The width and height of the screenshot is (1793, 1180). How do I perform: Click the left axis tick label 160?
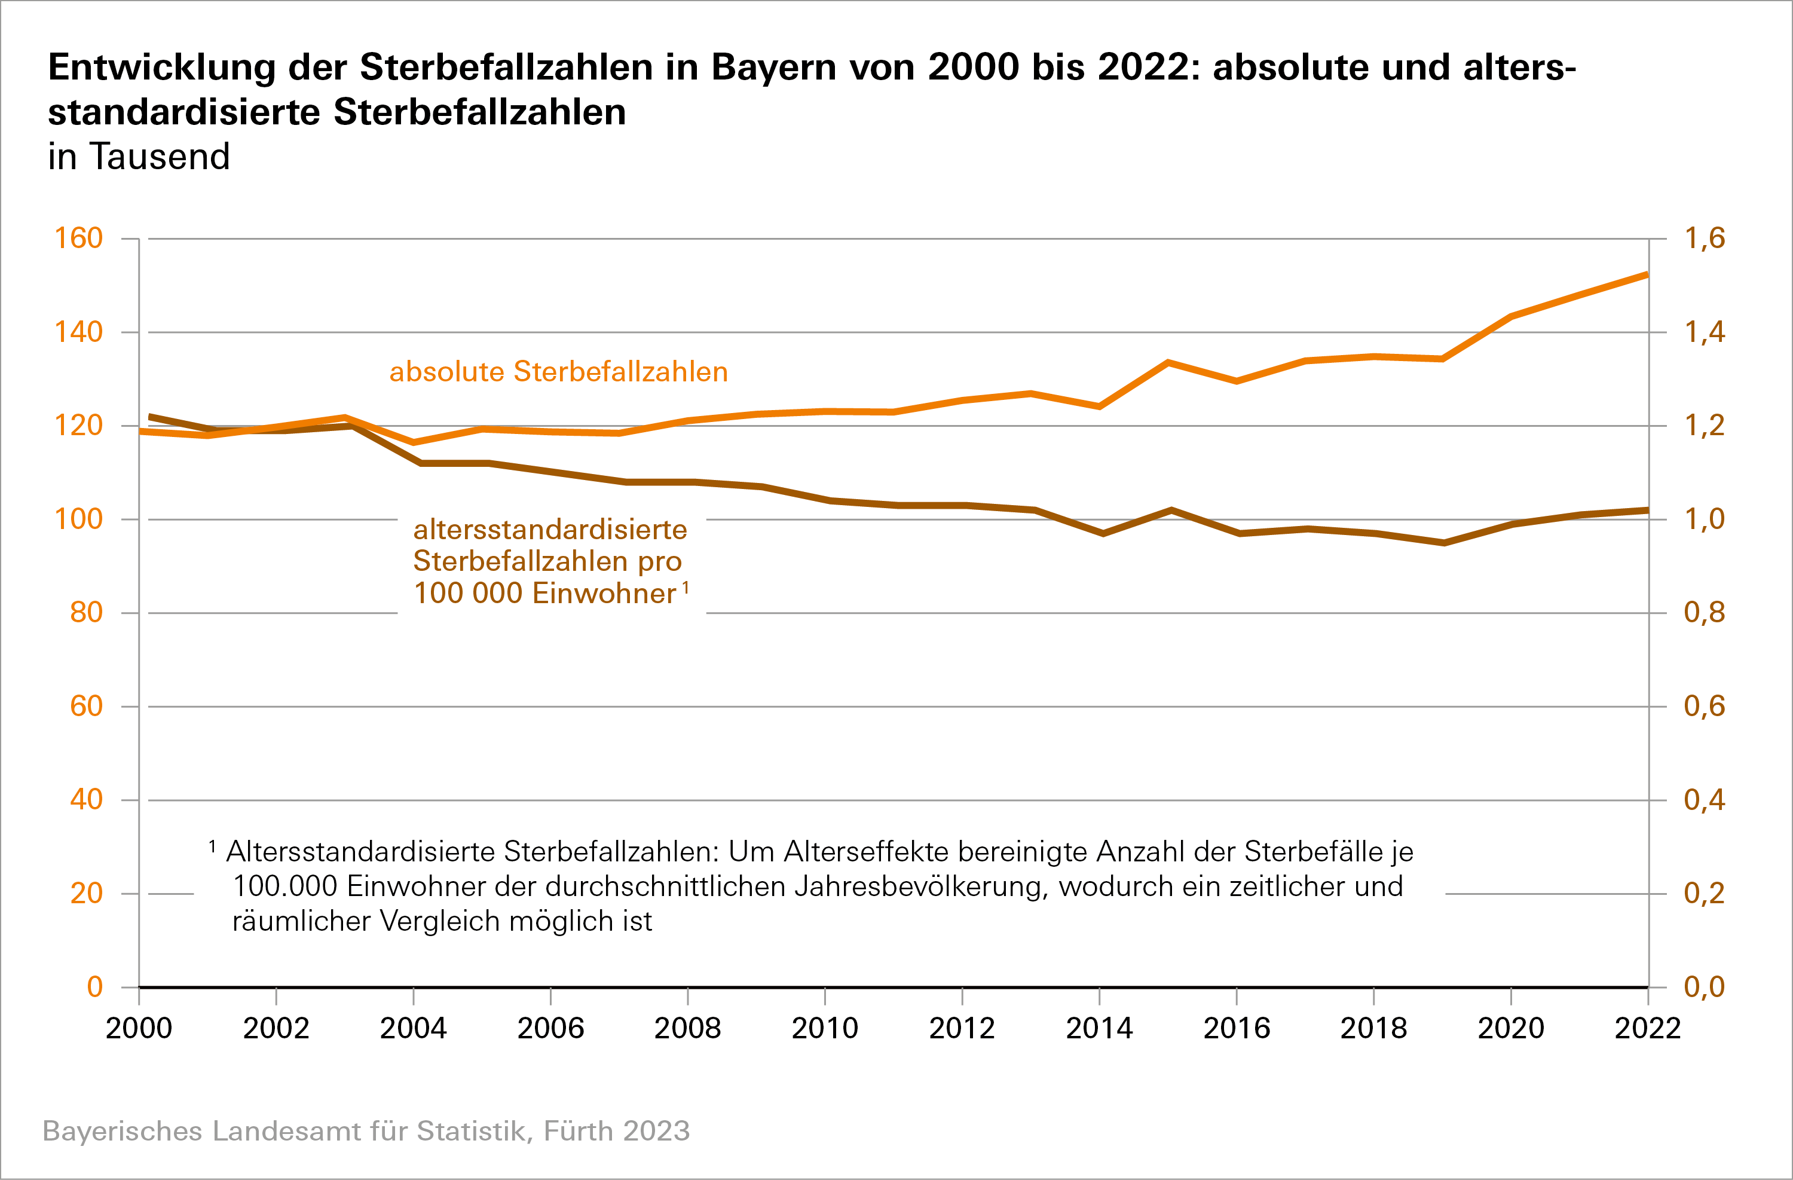pos(78,238)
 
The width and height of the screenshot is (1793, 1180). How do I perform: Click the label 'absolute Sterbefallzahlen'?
pos(558,371)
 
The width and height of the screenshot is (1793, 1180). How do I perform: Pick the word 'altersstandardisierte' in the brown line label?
pos(550,530)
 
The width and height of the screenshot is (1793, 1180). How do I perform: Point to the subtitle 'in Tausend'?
pos(139,157)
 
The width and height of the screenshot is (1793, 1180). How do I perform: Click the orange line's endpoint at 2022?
pos(1647,274)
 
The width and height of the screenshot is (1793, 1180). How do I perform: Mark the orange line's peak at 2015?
pos(1168,362)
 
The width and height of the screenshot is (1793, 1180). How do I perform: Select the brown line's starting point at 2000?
pos(151,417)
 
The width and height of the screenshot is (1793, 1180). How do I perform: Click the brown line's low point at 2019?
pos(1443,543)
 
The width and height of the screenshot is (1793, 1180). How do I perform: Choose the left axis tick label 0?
pos(95,986)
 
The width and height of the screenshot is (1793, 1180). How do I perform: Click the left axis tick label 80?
pos(86,613)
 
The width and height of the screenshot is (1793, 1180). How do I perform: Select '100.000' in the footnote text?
pos(284,886)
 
